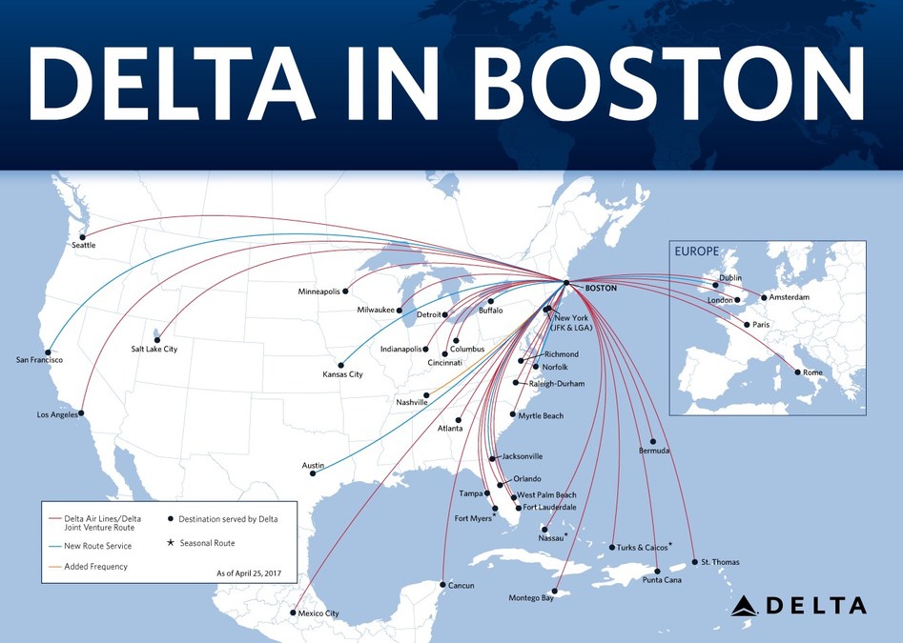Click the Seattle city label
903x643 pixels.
click(85, 246)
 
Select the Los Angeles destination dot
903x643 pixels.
click(82, 413)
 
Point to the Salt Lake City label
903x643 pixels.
click(154, 350)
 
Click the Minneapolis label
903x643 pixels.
click(318, 291)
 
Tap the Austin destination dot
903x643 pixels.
click(313, 473)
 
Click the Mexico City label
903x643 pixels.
click(319, 613)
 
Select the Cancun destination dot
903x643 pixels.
click(442, 584)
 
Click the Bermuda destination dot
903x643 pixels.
click(653, 441)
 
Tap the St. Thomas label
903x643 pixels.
click(720, 562)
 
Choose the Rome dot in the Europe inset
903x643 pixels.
click(798, 372)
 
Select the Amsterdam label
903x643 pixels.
click(789, 298)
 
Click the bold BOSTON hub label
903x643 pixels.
click(601, 287)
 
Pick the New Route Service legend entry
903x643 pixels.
click(97, 546)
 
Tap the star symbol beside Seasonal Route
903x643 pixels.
click(171, 543)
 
